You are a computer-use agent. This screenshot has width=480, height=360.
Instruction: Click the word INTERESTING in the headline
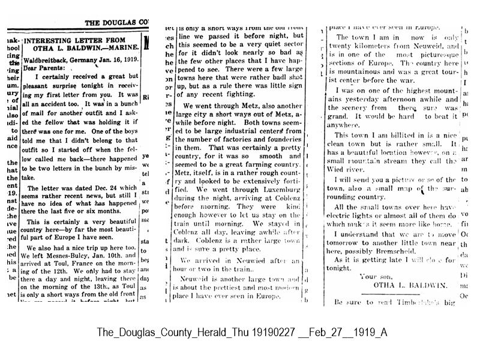59,35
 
